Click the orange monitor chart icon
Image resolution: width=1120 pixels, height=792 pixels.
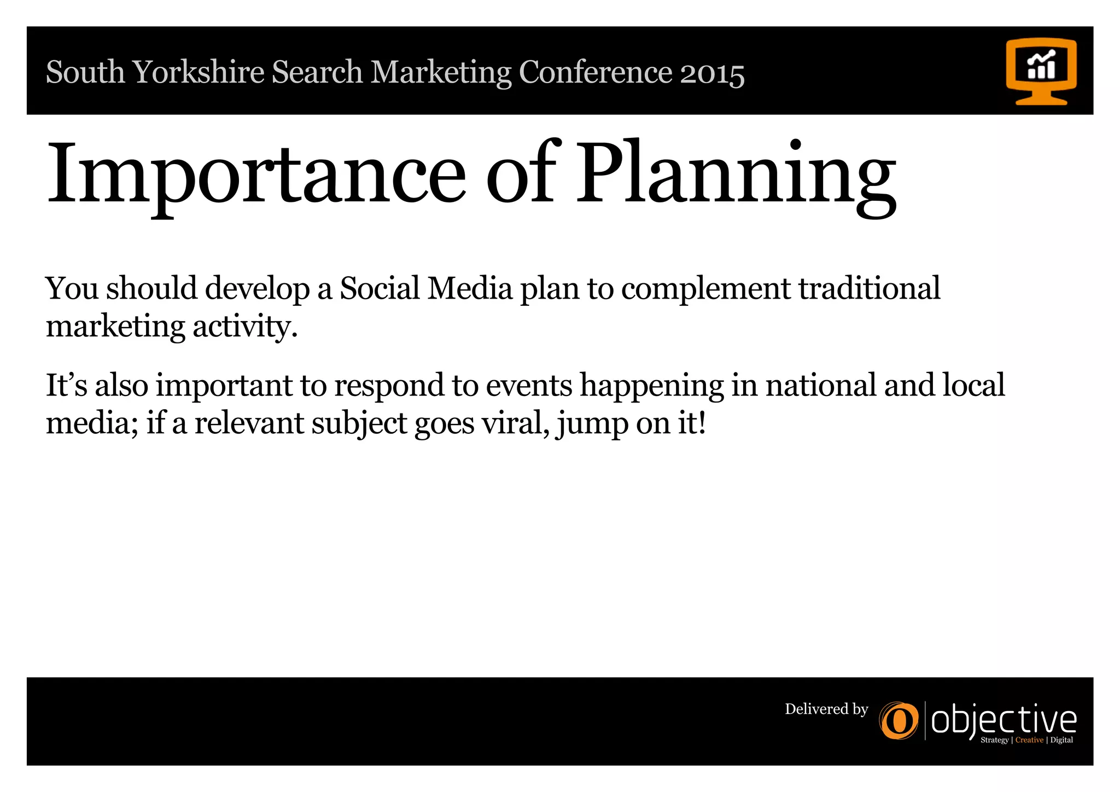[x=1041, y=71]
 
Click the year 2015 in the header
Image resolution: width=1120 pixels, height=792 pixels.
[x=712, y=73]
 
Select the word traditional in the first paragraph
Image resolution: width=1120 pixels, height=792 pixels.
[x=870, y=288]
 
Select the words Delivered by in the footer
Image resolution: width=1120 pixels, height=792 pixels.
[x=826, y=709]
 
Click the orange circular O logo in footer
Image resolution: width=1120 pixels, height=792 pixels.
[x=899, y=721]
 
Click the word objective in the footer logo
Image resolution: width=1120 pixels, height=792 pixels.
[x=1004, y=721]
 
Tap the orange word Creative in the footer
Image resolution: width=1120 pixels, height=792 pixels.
[x=1029, y=740]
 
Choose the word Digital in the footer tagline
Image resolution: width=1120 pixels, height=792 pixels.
[x=1061, y=740]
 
